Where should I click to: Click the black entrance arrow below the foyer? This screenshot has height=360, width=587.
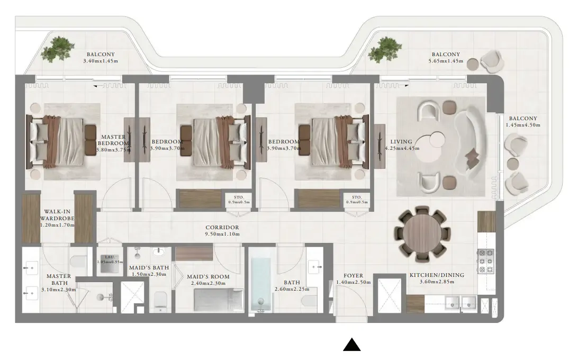[x=352, y=345]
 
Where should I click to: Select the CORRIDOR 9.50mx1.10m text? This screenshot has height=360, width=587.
[x=222, y=231]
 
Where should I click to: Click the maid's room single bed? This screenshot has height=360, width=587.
[x=217, y=302]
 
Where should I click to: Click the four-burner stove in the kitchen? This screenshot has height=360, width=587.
[x=485, y=261]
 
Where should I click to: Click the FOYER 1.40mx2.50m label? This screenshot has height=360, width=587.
[x=353, y=279]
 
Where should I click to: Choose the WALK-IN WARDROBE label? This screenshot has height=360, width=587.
[x=57, y=218]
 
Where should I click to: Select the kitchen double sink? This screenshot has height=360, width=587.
[x=460, y=302]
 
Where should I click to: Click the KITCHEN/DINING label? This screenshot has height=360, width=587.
[x=437, y=278]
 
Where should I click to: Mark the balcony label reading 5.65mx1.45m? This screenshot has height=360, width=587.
[x=446, y=58]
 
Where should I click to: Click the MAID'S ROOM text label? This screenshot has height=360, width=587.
[x=208, y=280]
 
